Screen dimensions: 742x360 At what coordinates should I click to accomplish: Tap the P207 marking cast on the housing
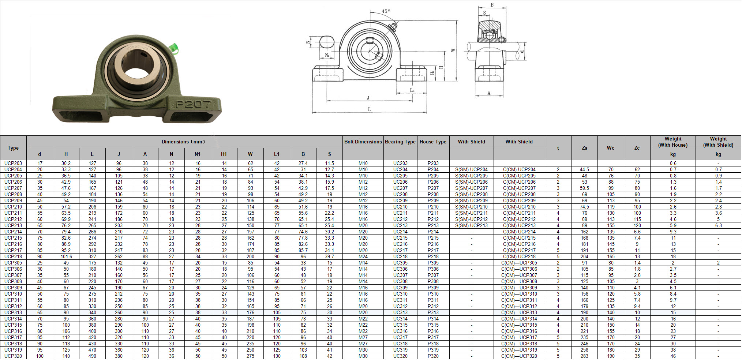(x=194, y=104)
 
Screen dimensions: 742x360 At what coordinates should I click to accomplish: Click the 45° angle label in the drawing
(x=386, y=11)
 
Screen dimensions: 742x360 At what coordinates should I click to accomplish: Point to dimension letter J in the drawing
(x=368, y=98)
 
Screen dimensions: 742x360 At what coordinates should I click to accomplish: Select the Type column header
(x=13, y=148)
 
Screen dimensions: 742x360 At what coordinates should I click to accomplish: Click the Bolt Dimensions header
(x=363, y=142)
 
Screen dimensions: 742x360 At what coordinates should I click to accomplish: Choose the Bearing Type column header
(x=400, y=142)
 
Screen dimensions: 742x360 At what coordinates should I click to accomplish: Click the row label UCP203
(x=13, y=164)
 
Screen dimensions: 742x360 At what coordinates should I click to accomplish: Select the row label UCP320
(x=13, y=356)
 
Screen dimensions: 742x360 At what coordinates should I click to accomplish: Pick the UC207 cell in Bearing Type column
(x=400, y=188)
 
